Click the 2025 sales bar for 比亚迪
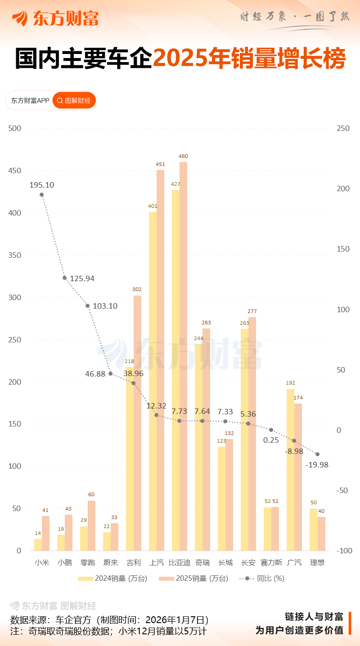(x=183, y=355)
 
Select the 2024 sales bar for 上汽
(x=153, y=382)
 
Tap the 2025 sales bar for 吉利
(x=137, y=423)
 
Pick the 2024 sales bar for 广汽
(x=290, y=470)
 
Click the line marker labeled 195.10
(x=41, y=195)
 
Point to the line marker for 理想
(x=317, y=454)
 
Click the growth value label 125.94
(x=82, y=278)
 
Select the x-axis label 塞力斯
(x=271, y=562)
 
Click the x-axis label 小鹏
(x=65, y=562)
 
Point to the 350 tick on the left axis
(x=15, y=256)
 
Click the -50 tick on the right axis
(x=343, y=490)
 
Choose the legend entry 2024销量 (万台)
(x=112, y=579)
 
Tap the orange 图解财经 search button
(x=74, y=100)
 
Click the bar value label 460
(x=183, y=156)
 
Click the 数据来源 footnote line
(x=109, y=619)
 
